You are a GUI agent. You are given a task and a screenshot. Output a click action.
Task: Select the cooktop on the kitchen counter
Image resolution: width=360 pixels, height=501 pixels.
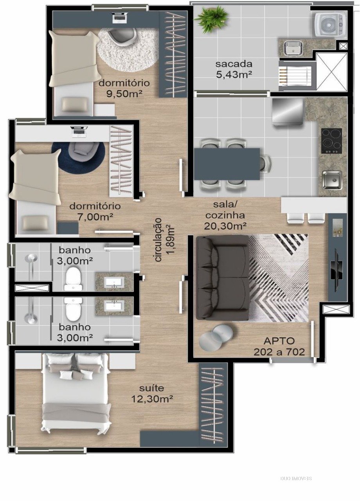pyautogui.click(x=331, y=141)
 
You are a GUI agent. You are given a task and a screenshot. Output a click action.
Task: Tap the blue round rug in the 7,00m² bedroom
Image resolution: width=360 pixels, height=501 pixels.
pyautogui.click(x=78, y=157)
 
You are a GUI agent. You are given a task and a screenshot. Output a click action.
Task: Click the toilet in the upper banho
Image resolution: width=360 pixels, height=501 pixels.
pyautogui.click(x=72, y=279)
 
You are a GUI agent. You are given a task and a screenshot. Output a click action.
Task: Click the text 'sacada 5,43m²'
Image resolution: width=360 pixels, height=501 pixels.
pyautogui.click(x=234, y=69)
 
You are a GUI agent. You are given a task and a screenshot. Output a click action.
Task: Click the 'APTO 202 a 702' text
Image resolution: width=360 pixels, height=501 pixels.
pyautogui.click(x=279, y=347)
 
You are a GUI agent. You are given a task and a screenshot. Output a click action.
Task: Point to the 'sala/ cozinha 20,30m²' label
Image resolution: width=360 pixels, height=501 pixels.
pyautogui.click(x=225, y=216)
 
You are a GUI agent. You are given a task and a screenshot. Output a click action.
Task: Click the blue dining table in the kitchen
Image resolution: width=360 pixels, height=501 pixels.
pyautogui.click(x=227, y=164)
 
